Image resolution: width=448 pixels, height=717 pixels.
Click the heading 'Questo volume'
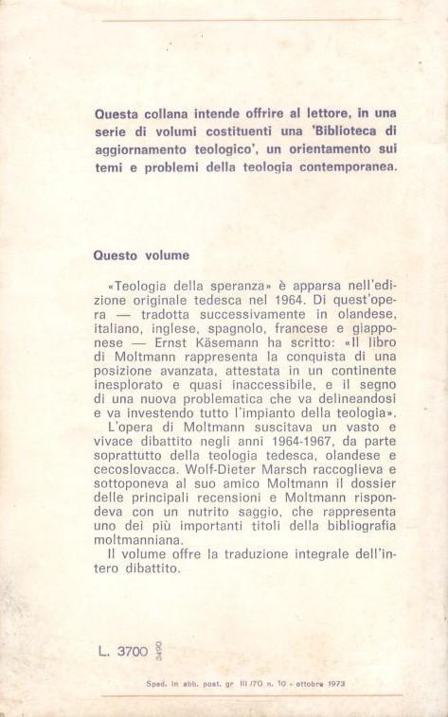coord(142,254)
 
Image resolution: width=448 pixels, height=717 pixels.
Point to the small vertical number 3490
coord(158,650)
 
